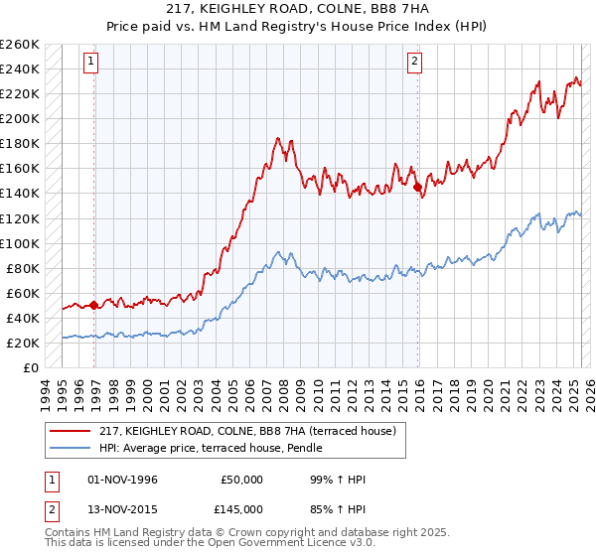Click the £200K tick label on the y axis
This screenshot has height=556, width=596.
pos(19,119)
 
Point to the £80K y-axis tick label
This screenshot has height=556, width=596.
pos(22,268)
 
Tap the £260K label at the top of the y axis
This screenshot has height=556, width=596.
pos(19,45)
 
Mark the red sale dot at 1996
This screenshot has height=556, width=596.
pos(94,305)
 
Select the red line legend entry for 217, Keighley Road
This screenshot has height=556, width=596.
pos(247,431)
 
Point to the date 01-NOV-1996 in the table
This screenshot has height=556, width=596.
pos(123,480)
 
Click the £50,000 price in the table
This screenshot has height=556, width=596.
pos(241,480)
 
